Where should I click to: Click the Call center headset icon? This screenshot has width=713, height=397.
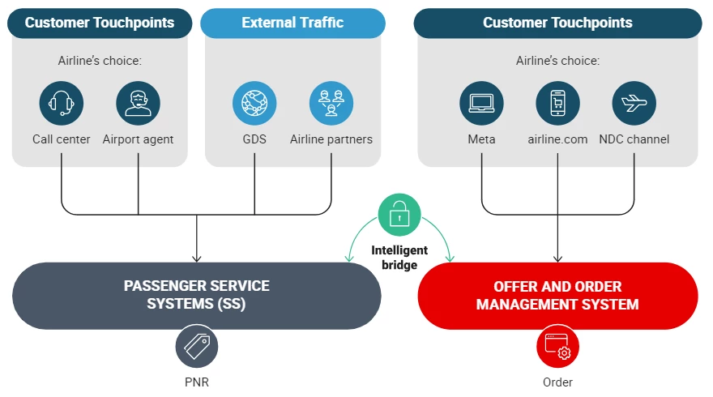pos(62,103)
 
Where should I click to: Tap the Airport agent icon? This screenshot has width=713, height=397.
pos(138,103)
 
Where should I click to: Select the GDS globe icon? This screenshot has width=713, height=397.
pos(254,103)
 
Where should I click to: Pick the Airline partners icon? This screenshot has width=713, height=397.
pos(331,103)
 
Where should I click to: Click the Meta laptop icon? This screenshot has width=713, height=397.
pos(481,103)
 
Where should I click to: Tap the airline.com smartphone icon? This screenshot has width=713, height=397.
pos(557,103)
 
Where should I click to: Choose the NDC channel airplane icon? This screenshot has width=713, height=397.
pos(634,103)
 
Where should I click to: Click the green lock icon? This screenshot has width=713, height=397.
pos(399,215)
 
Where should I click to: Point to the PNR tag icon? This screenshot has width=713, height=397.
pos(197,347)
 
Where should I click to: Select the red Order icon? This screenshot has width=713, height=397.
pos(557,347)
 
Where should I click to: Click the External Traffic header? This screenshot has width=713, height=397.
pos(292,23)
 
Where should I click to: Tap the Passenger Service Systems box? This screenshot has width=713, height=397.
pos(197,296)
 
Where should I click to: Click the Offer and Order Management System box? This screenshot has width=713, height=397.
pos(557,296)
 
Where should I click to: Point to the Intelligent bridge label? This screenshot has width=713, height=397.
pos(399,258)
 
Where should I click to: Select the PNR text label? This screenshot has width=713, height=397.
pos(197,382)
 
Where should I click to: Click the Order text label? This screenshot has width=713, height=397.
pos(557,382)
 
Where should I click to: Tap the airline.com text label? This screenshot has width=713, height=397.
pos(557,139)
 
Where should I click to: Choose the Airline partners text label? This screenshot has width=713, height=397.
pos(331,139)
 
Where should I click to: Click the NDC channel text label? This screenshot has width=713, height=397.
pos(634,139)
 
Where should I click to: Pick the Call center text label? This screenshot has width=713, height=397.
pos(62,139)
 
